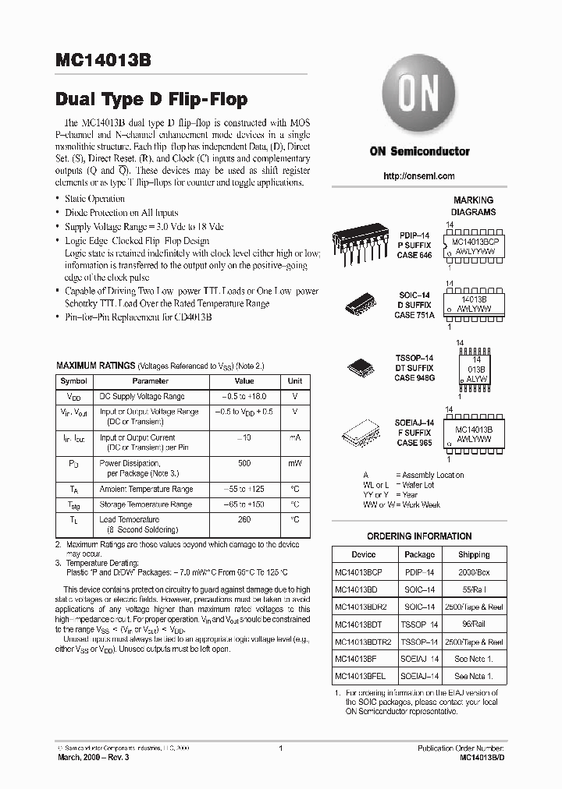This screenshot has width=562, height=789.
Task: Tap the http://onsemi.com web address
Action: pos(419,176)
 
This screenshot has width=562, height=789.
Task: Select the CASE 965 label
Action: pos(414,443)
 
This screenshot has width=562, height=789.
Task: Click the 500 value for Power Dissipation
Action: pos(244,462)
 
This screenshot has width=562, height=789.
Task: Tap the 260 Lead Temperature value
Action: pos(244,519)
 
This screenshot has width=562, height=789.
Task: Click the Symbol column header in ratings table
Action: pos(74,381)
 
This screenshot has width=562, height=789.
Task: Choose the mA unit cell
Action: pos(294,438)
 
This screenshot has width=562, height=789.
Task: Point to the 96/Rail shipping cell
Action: pos(474,624)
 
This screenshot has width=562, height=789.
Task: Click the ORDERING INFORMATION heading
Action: pos(419,536)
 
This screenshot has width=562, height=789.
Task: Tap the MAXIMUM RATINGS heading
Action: pos(94,365)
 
